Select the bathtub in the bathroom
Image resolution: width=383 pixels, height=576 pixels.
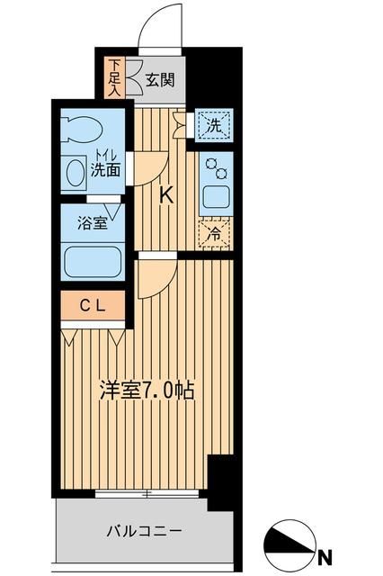point(92,261)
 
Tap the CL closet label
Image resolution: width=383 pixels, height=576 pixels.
point(93,306)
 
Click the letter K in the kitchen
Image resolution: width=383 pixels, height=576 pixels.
point(165,194)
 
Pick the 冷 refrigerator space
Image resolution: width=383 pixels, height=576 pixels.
point(215,232)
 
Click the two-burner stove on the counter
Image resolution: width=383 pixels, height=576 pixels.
point(216,168)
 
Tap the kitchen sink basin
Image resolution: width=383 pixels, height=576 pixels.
point(216,197)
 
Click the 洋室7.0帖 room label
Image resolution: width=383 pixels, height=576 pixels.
point(147,390)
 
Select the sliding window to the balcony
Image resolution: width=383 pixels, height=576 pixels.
point(149,493)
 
